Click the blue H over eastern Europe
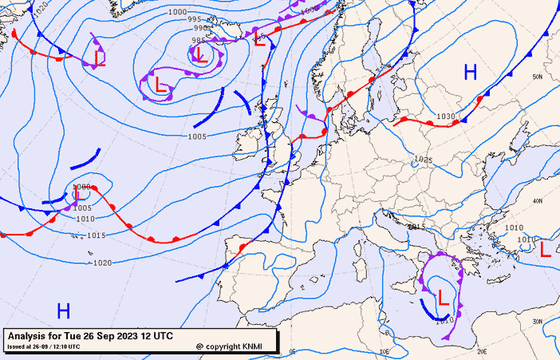pyautogui.click(x=470, y=73)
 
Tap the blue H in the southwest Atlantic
pyautogui.click(x=63, y=311)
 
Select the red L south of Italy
pyautogui.click(x=444, y=297)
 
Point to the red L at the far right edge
pyautogui.click(x=545, y=249)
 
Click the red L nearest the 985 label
pyautogui.click(x=200, y=54)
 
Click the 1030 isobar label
pyautogui.click(x=445, y=117)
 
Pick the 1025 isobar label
pyautogui.click(x=424, y=160)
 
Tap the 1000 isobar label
pyautogui.click(x=178, y=12)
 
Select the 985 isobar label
pyautogui.click(x=199, y=41)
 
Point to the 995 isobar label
pyautogui.click(x=193, y=19)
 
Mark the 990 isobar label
pyautogui.click(x=203, y=27)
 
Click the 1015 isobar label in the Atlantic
pyautogui.click(x=97, y=235)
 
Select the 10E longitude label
pyautogui.click(x=385, y=350)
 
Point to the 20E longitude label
pyautogui.click(x=481, y=350)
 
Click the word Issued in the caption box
pyautogui.click(x=16, y=346)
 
